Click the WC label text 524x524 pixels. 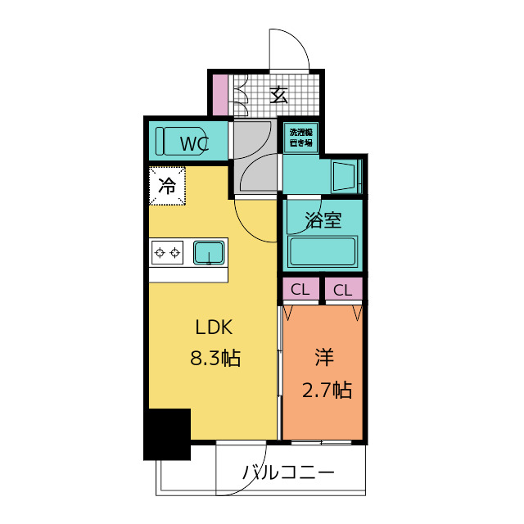194,145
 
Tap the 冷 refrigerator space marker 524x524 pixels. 167,186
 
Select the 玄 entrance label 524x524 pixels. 279,94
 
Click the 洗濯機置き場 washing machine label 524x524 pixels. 300,138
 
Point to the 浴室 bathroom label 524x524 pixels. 323,219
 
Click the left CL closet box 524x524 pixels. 300,289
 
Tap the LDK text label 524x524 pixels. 215,327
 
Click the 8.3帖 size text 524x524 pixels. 215,358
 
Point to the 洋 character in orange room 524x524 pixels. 325,358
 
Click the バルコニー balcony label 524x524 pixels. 288,473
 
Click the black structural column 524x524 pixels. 167,434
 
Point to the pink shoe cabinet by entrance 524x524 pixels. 219,94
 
